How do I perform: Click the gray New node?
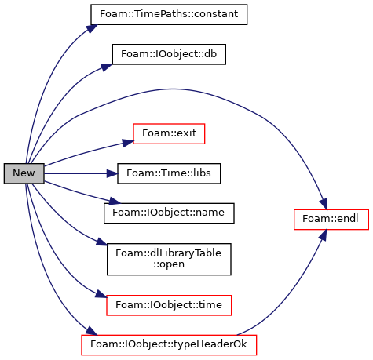coord(24,173)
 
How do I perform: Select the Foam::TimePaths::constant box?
coord(169,15)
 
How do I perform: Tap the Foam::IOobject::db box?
coord(169,54)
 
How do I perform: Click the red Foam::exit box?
coord(169,133)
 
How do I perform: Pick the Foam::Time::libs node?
coord(169,173)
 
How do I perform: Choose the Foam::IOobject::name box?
coord(169,213)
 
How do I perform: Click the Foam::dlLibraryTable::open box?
coord(169,259)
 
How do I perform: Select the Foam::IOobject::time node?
coord(169,305)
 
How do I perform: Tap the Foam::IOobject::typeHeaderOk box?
coord(169,345)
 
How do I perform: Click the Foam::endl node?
coord(331,220)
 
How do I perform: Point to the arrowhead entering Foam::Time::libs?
coord(112,173)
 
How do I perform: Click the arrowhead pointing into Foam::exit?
coord(128,143)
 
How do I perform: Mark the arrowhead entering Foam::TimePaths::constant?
coord(92,28)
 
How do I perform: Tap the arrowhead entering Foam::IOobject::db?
coord(107,67)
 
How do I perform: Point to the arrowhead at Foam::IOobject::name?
coord(115,201)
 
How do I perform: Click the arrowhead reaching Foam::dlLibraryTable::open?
coord(102,242)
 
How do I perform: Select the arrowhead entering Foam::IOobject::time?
coord(101,294)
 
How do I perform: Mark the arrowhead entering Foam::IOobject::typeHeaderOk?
coord(92,331)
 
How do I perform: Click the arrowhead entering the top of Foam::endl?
coord(324,204)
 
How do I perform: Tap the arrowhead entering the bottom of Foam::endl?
coord(324,235)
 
